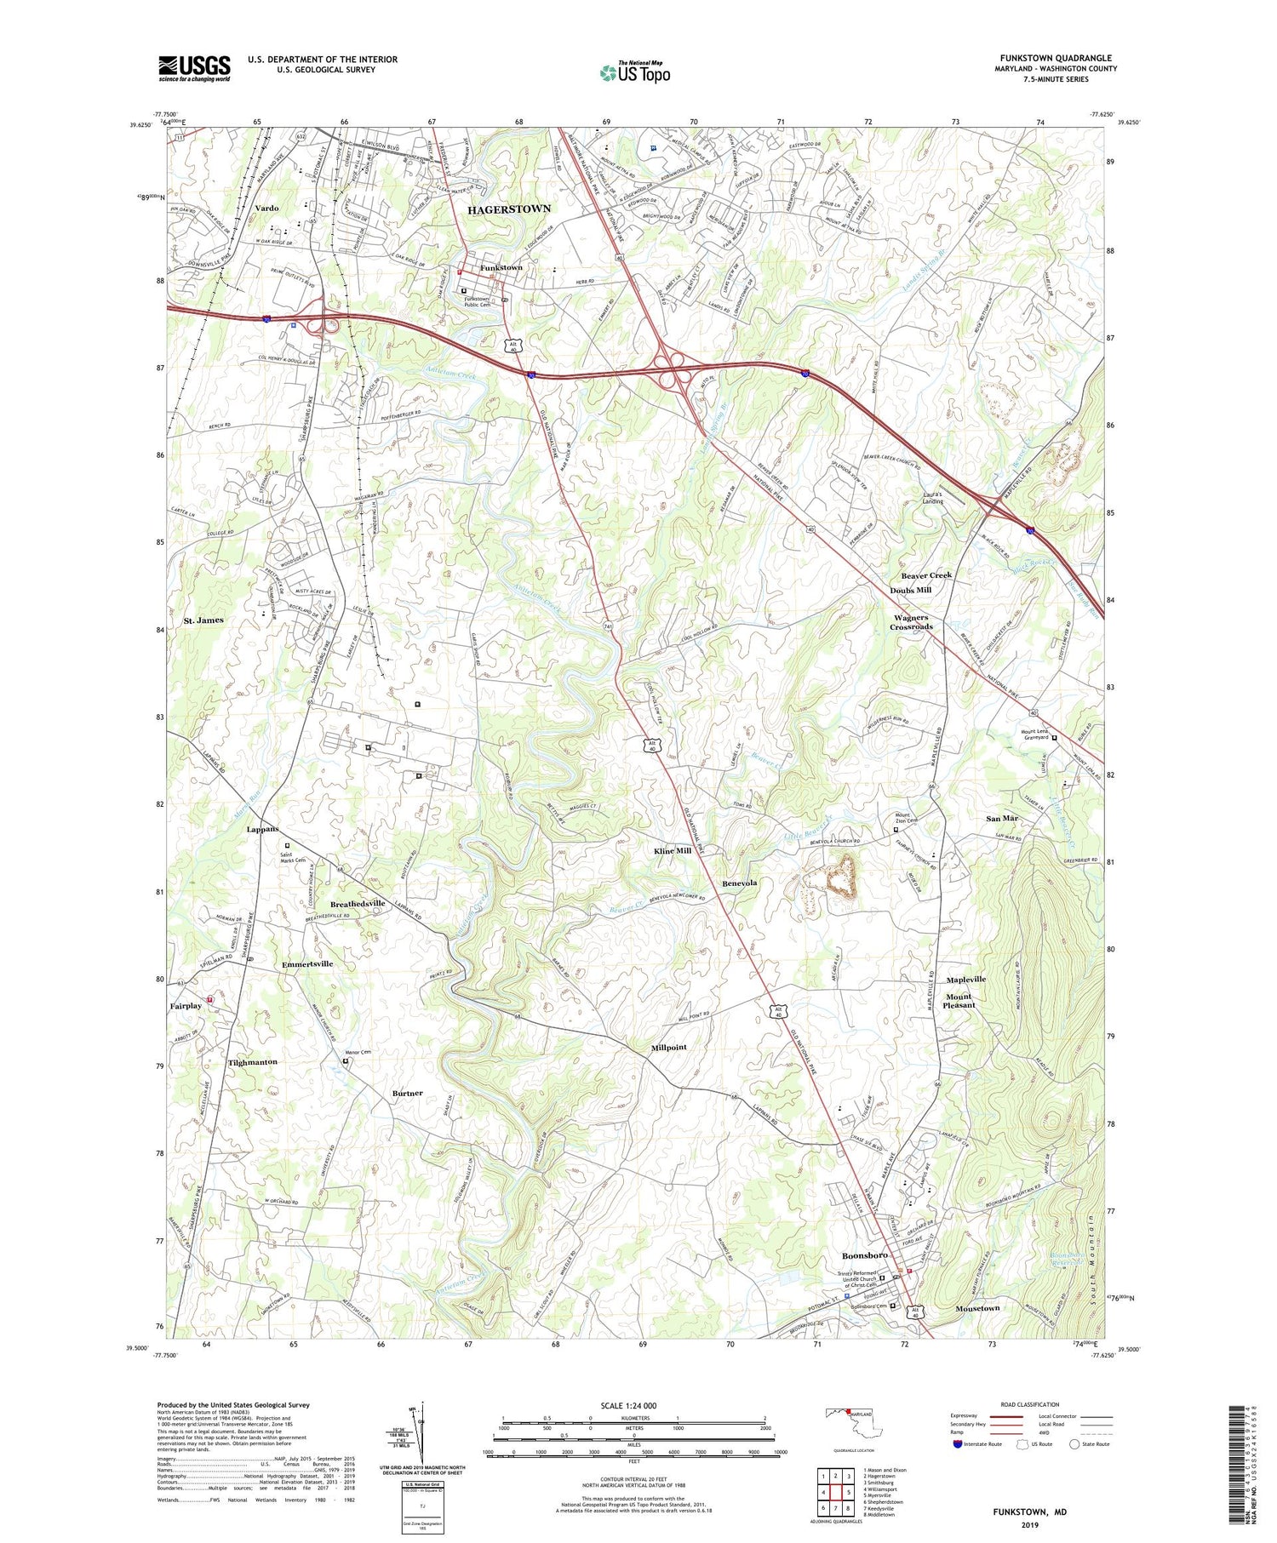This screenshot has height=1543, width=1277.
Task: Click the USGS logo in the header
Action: [194, 68]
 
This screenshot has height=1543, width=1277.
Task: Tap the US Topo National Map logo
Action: [635, 72]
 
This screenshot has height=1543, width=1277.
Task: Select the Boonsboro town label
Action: [864, 1255]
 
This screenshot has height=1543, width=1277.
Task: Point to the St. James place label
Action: [203, 620]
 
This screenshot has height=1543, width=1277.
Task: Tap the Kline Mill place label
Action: [673, 850]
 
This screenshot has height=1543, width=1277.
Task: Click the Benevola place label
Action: [740, 883]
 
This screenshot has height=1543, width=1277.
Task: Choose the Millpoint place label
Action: [668, 1047]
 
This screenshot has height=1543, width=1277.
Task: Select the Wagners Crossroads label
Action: [911, 622]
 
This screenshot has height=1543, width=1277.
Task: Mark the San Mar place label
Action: [1002, 818]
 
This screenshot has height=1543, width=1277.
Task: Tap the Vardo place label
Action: [266, 208]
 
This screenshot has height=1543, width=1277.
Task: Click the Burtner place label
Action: [407, 1093]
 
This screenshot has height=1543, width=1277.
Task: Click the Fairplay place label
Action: [186, 1006]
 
